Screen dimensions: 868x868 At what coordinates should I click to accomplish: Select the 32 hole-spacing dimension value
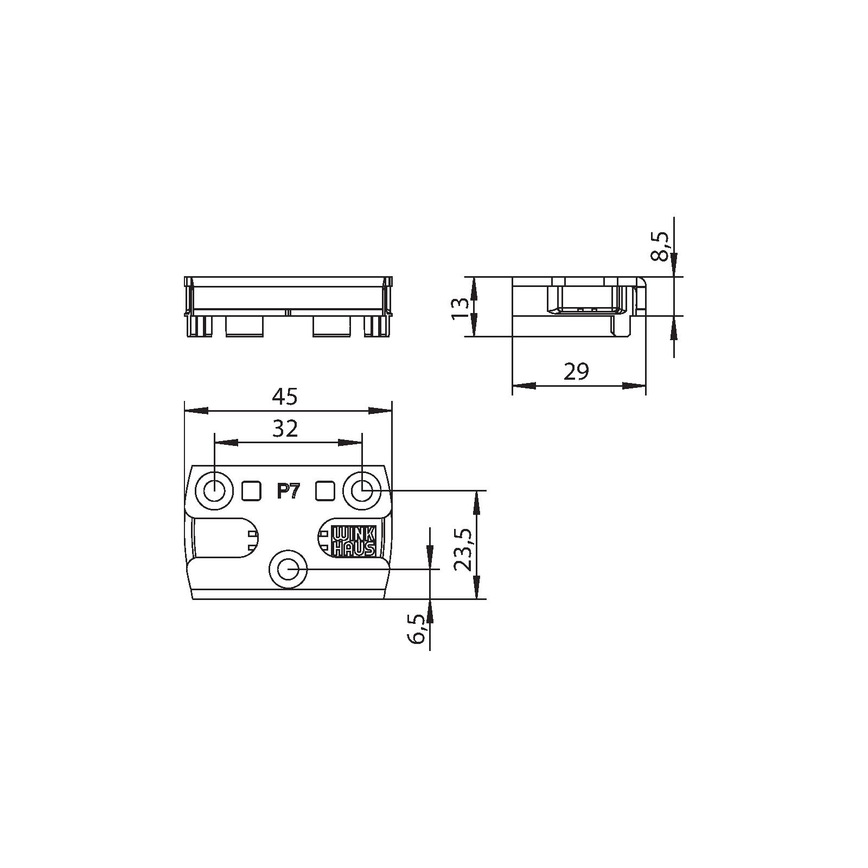point(285,429)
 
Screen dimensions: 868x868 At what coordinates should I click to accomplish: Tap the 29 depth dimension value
point(576,372)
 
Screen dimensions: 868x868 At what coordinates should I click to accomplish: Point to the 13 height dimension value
point(460,307)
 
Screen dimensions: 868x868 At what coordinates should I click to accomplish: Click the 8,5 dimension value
point(661,246)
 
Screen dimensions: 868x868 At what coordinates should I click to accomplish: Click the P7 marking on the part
point(287,492)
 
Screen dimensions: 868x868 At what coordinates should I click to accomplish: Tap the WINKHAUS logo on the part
point(353,541)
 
